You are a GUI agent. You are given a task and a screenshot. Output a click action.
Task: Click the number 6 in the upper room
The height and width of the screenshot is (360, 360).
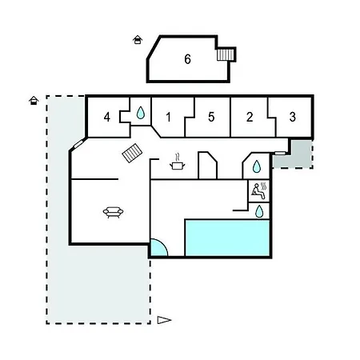[187, 59]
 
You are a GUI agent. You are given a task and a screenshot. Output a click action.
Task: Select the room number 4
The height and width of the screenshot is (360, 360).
[107, 117]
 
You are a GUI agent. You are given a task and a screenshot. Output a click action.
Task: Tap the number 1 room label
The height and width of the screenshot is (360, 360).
[168, 117]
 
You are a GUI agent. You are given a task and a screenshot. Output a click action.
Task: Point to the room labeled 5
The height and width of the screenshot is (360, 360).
[211, 117]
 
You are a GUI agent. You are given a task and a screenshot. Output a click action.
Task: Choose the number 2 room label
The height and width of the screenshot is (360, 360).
[250, 117]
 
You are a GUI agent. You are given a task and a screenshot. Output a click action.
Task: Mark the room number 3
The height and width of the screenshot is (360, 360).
[293, 117]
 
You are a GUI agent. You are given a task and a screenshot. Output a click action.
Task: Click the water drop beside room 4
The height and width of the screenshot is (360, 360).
[141, 113]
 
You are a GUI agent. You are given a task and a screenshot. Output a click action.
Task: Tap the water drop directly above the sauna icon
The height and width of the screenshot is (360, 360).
[257, 166]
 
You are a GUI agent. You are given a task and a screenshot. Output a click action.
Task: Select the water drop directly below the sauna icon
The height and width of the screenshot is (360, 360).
[259, 211]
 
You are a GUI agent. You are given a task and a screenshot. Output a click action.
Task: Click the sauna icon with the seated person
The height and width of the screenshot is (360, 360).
[259, 190]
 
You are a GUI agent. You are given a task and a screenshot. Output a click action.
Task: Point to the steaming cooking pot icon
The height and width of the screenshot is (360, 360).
[178, 162]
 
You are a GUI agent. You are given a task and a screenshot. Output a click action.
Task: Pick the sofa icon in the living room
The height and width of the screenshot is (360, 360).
[113, 212]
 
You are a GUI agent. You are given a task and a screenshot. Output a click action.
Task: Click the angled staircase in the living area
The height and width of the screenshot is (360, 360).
[132, 153]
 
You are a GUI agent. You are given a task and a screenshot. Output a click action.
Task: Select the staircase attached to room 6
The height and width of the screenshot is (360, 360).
[226, 54]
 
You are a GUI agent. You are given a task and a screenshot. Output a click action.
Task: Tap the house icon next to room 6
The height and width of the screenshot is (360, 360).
[138, 40]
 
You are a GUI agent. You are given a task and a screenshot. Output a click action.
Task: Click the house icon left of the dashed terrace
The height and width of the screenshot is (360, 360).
[34, 101]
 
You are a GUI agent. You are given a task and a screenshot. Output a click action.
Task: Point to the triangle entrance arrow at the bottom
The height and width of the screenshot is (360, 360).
[164, 320]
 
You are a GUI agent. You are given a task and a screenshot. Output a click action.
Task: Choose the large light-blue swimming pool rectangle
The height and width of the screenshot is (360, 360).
[227, 238]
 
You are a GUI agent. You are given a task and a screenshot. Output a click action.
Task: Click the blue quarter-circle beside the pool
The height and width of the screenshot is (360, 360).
[159, 248]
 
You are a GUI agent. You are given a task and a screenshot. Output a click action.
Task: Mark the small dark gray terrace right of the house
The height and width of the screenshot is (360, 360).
[293, 154]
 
